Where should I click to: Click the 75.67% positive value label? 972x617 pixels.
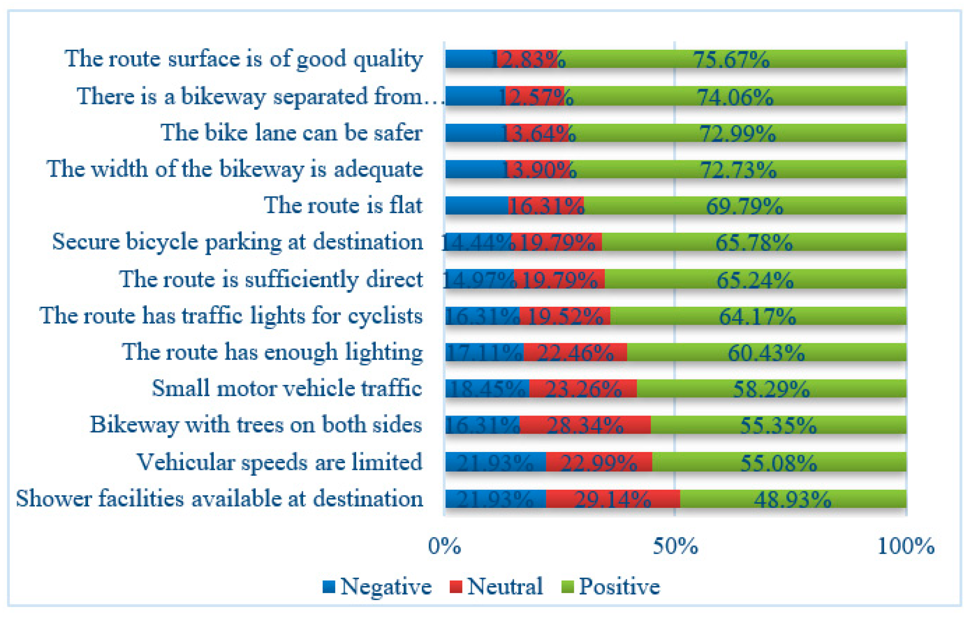[x=731, y=59]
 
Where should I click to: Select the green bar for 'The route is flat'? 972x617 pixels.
[x=744, y=206]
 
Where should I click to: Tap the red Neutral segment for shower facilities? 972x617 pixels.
[x=612, y=499]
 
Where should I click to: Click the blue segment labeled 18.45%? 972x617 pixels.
[x=486, y=389]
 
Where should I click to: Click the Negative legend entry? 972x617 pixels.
[x=377, y=586]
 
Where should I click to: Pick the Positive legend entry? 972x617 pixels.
[x=610, y=586]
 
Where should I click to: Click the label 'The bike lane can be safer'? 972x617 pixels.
[x=291, y=132]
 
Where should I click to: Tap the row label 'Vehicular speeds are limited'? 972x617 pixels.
[x=279, y=462]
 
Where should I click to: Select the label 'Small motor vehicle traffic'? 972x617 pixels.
[x=286, y=388]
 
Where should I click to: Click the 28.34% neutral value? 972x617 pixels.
[x=585, y=425]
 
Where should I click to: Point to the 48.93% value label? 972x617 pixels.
[x=792, y=499]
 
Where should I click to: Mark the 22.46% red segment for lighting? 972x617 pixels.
[x=575, y=353]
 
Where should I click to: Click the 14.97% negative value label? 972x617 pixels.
[x=479, y=280]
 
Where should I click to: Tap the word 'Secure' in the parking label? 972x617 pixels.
[x=85, y=241]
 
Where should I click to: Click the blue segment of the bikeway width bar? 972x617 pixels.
[x=475, y=169]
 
